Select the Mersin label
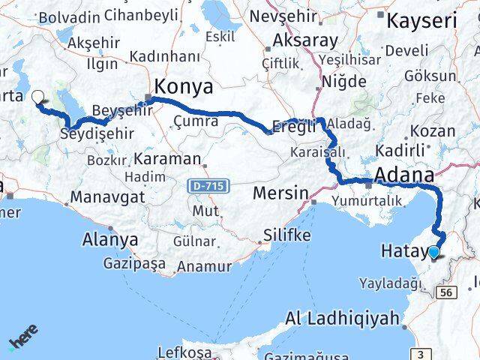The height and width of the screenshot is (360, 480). [x=280, y=193]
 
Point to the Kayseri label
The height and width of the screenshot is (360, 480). [x=422, y=20]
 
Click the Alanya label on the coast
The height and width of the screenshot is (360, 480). [x=113, y=241]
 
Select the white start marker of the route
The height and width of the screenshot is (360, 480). [x=38, y=97]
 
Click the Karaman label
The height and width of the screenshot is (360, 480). [x=169, y=158]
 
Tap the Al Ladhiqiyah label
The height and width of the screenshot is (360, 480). [x=342, y=319]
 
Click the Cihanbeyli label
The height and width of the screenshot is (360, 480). [x=142, y=15]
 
